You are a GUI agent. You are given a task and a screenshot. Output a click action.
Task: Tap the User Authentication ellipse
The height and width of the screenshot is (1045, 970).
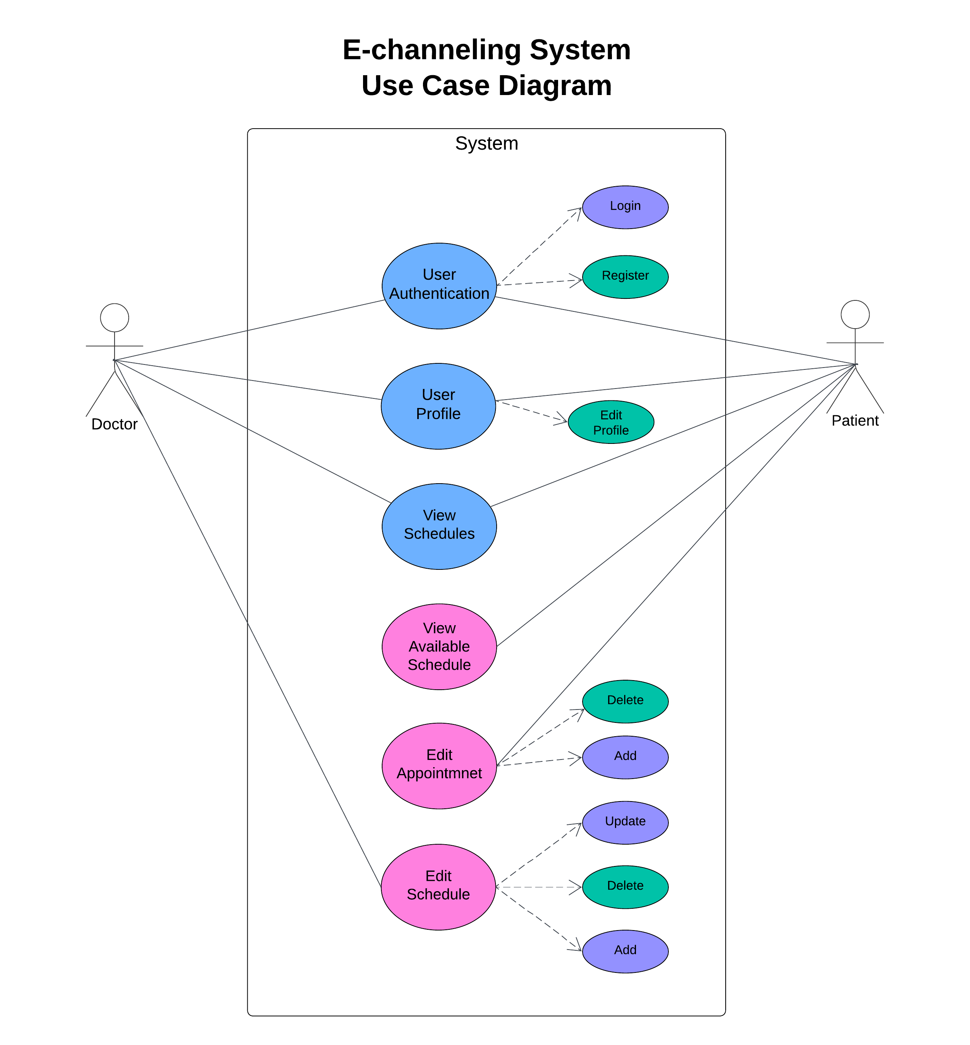[x=439, y=286]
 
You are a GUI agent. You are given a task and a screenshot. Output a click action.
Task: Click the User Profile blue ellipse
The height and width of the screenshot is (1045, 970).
[x=438, y=406]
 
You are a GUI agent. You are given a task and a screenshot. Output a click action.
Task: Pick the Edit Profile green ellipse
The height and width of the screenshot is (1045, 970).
[x=610, y=422]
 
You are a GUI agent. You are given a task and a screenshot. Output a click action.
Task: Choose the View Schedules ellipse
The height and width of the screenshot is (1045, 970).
[x=439, y=526]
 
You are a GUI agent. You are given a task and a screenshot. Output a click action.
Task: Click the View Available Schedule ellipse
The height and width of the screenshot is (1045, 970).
[x=439, y=647]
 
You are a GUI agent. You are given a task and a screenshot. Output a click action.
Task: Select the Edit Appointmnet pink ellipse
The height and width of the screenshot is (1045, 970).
[x=439, y=766]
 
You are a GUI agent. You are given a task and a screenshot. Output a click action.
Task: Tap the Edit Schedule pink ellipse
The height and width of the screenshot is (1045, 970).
[x=438, y=887]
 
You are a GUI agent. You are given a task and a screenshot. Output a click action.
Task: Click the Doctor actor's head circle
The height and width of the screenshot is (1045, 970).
[x=115, y=318]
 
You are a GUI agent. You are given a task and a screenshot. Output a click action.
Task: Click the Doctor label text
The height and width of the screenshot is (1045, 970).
[x=115, y=424]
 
